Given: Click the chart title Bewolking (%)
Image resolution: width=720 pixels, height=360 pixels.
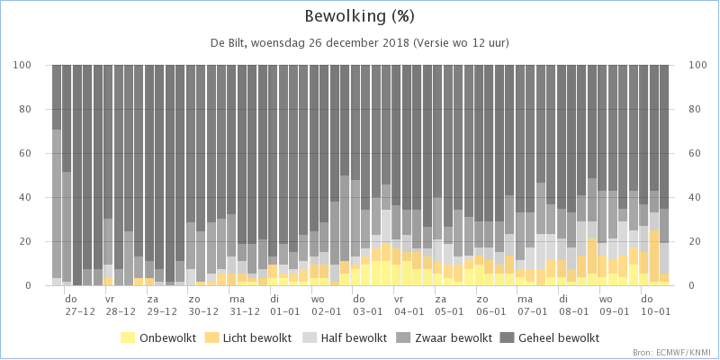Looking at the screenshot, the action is coord(359,16).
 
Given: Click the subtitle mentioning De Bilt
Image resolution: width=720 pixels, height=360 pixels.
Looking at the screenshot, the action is coord(359,43).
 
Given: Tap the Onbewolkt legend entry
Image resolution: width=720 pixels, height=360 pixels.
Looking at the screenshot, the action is coord(158,338).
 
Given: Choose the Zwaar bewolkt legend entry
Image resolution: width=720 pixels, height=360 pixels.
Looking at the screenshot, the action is coord(443,338).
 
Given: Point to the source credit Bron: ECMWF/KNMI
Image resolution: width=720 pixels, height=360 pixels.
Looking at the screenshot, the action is coord(675,353).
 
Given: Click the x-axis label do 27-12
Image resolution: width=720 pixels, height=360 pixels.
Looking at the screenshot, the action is coord(80,305).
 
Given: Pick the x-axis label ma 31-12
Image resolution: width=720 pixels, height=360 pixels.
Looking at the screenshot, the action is coord(244,305).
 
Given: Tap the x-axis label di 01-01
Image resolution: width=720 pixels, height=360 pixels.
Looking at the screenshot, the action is coord(284,305).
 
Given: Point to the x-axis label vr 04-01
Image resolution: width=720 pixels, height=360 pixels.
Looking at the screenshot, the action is coord(409,305).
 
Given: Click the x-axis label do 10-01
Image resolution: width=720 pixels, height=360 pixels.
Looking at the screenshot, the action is coord(655,305).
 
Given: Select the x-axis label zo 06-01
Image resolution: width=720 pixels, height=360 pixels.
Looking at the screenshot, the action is coord(490,305).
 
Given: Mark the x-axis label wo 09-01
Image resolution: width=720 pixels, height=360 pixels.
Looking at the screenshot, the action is coord(614,305).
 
